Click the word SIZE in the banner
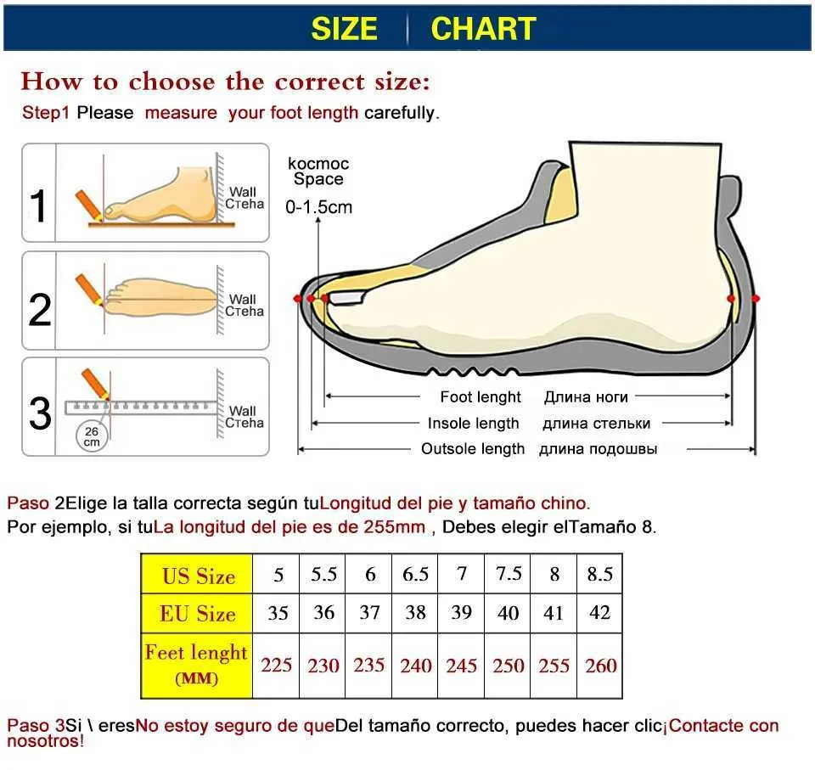tap(344, 29)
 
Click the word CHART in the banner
tap(483, 29)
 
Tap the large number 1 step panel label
tap(38, 206)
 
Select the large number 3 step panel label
tap(40, 413)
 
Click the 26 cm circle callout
tap(92, 436)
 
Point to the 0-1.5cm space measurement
tap(318, 207)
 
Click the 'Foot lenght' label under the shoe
tap(481, 397)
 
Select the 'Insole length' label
tap(473, 424)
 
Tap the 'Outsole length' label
tap(473, 449)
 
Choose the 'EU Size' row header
tap(197, 614)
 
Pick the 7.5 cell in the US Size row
tap(508, 574)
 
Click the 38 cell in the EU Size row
tap(415, 613)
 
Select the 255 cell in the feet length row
tap(554, 666)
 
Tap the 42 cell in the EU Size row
tap(600, 613)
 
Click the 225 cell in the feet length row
tap(276, 666)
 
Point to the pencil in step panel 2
tap(89, 290)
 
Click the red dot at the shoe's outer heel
tap(756, 299)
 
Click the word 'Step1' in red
tap(45, 113)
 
